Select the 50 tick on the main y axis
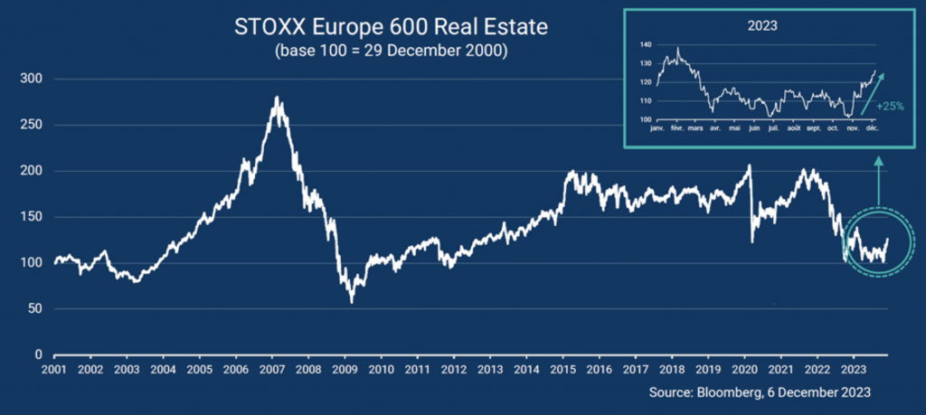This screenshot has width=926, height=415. point(33,308)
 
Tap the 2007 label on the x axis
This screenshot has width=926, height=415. point(271,370)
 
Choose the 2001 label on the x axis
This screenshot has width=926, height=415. point(53,370)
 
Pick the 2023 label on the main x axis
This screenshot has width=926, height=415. point(852,370)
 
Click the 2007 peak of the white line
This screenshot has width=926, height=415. point(275,98)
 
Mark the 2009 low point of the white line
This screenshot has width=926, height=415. point(351,302)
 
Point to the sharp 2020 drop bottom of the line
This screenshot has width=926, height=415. point(752,241)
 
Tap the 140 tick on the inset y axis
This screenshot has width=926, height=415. point(645,44)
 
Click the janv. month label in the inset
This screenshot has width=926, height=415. point(657,128)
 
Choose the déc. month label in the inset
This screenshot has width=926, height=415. point(873,128)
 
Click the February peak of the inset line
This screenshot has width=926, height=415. point(678,49)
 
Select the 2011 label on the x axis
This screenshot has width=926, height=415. point(417,370)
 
